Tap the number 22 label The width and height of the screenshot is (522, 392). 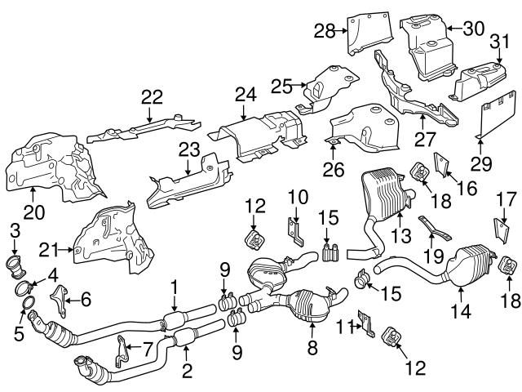coord(151,97)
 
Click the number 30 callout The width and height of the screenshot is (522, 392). coord(472,27)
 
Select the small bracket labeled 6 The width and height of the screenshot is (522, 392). coord(59,299)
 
